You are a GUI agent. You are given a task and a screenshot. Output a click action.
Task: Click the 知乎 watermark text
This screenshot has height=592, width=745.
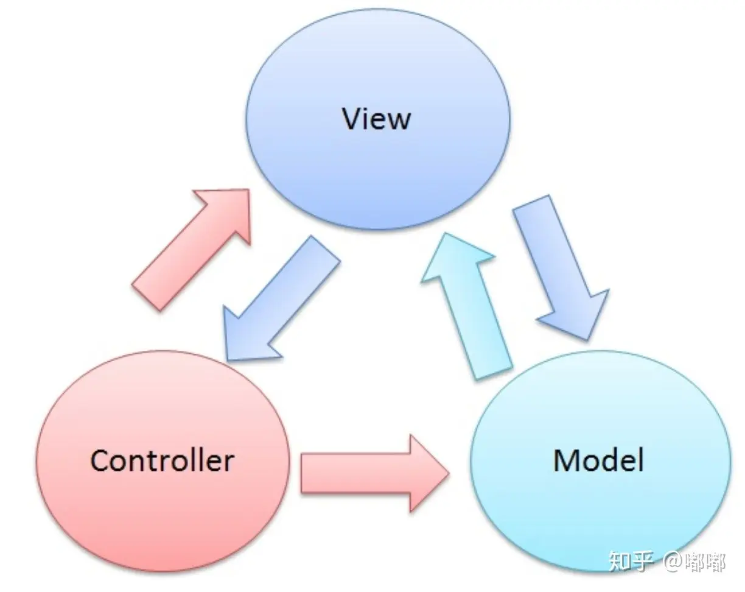pos(631,560)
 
